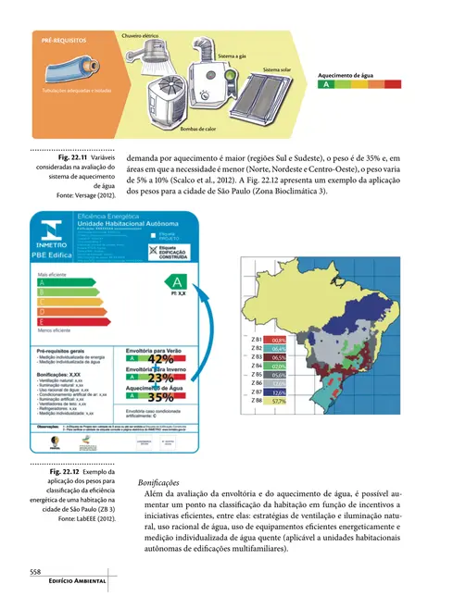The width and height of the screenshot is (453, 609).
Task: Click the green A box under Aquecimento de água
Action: pyautogui.click(x=324, y=85)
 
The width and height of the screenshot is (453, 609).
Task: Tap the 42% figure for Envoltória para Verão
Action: pyautogui.click(x=159, y=360)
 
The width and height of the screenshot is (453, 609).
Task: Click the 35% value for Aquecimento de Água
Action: pyautogui.click(x=159, y=398)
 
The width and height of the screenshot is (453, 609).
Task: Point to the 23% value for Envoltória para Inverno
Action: pyautogui.click(x=159, y=379)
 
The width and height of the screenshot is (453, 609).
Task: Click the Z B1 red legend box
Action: pyautogui.click(x=278, y=341)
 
